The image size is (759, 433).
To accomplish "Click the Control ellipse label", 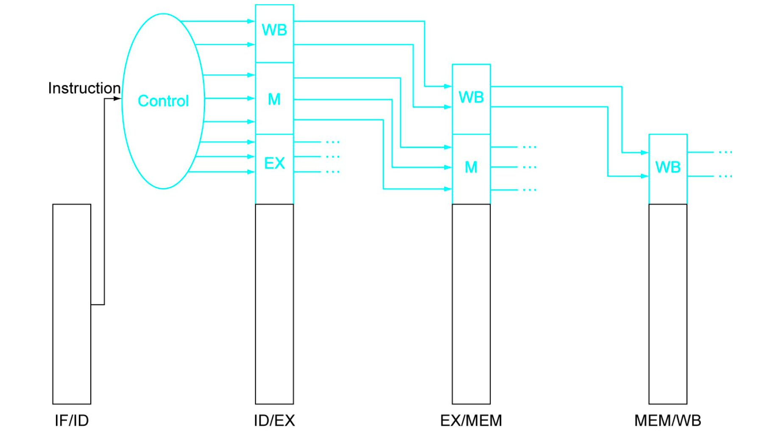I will (x=163, y=101).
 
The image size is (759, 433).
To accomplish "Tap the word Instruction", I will (x=84, y=88).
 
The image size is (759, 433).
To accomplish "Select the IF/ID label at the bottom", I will (x=72, y=420).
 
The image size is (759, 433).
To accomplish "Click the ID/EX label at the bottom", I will (x=274, y=420).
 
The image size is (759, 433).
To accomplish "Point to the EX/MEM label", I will (x=471, y=420).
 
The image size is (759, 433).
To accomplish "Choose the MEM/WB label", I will (x=667, y=420).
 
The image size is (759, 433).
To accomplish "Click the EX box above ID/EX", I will (x=274, y=164).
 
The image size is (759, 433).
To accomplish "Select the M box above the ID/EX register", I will (x=274, y=99).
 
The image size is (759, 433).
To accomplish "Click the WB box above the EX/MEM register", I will (x=471, y=97).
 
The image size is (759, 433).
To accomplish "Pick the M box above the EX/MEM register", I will (x=471, y=167).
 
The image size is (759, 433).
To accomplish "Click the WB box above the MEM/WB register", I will (x=668, y=167).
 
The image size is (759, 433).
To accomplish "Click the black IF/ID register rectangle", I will (x=72, y=304).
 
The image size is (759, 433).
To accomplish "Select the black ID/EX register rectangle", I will (x=274, y=304).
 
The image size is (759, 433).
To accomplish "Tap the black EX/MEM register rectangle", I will (x=471, y=304).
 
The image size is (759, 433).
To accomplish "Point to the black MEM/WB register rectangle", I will (x=668, y=304).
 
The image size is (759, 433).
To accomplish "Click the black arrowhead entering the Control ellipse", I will (x=117, y=99).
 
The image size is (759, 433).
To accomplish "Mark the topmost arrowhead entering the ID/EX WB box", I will (x=251, y=21).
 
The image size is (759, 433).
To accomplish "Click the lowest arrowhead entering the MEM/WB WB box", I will (x=645, y=176).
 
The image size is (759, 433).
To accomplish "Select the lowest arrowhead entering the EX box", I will (x=251, y=172).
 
